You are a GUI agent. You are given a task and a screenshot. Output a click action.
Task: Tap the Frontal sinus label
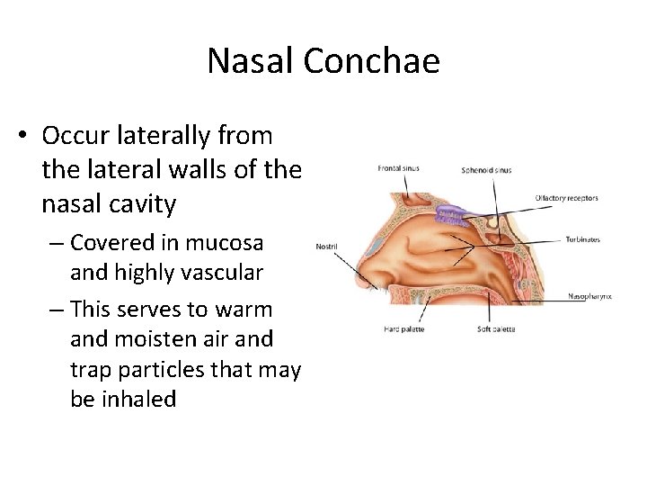click(x=398, y=168)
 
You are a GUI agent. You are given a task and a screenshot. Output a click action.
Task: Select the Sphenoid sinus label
click(x=486, y=170)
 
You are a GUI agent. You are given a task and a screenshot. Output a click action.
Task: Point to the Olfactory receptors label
click(x=566, y=198)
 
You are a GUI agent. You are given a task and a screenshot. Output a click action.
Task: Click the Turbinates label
click(x=582, y=239)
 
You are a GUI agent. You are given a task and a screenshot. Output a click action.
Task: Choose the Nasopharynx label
click(x=589, y=296)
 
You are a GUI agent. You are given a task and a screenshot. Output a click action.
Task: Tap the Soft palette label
click(x=496, y=329)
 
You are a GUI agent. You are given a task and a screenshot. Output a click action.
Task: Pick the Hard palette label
click(x=403, y=329)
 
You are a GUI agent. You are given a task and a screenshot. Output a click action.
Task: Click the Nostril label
click(x=327, y=245)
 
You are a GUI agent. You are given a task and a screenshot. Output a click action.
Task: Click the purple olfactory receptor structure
click(x=448, y=213)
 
